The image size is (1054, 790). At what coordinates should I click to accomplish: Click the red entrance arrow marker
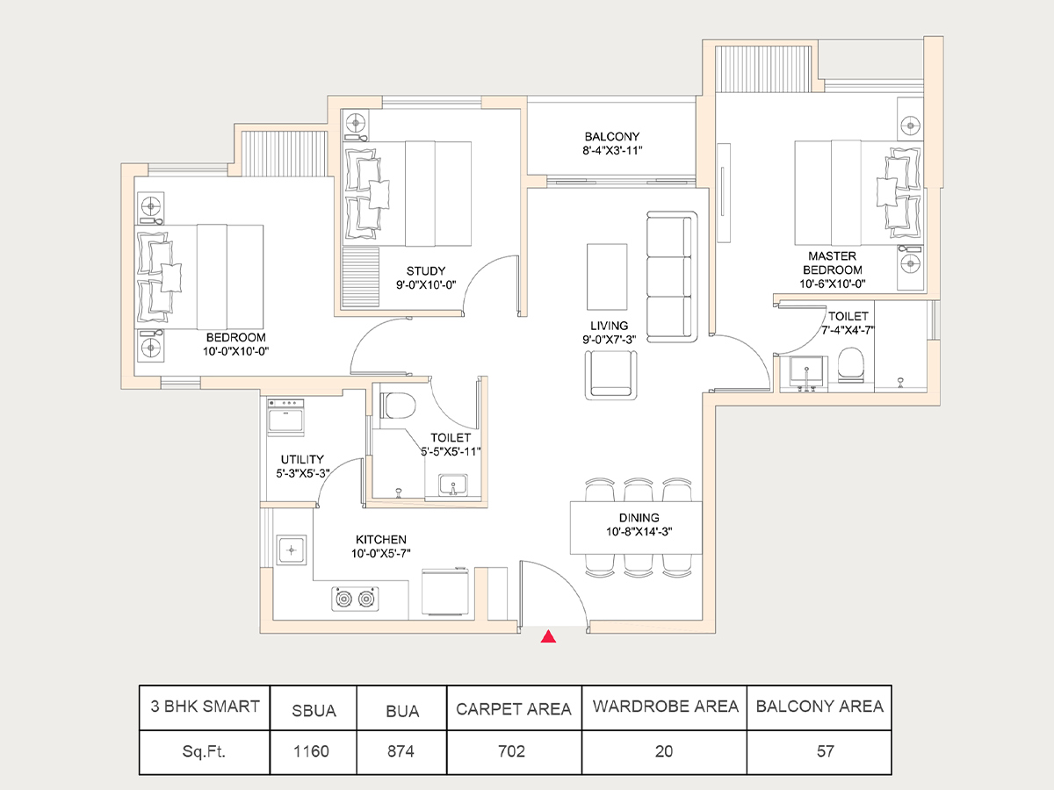pos(548,637)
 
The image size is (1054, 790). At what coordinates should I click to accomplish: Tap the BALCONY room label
pos(612,137)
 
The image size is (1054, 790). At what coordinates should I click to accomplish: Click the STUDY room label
pos(425,271)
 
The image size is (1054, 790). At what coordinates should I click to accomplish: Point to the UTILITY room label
pos(302,459)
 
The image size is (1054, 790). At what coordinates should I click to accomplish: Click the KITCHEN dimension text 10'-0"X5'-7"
pos(380,554)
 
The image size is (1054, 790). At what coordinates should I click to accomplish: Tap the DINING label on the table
pos(638,518)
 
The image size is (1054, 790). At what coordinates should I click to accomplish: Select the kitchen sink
pos(290,550)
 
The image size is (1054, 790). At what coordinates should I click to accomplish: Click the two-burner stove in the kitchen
pos(358,600)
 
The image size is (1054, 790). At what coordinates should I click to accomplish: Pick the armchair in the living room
pos(612,374)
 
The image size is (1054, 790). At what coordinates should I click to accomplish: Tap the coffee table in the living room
pos(607,276)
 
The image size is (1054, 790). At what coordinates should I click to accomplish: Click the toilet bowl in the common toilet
pos(400,406)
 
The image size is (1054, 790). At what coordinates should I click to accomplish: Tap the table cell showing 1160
pos(314,751)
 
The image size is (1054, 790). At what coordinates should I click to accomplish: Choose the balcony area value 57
pos(819,751)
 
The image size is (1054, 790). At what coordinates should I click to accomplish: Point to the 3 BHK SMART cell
pos(204,707)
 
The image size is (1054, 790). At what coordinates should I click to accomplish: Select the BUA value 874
pos(401,751)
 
